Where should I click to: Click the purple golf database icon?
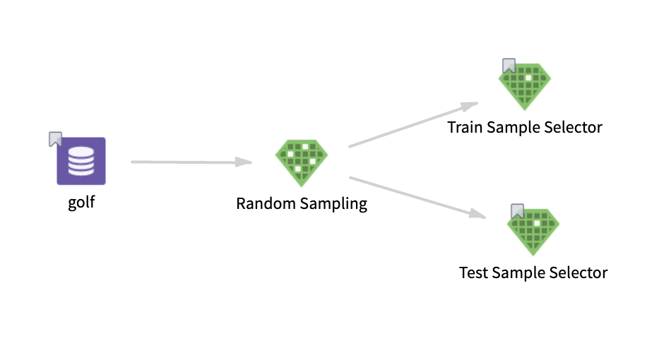pyautogui.click(x=81, y=161)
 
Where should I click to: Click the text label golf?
pyautogui.click(x=81, y=203)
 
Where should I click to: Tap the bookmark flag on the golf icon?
pyautogui.click(x=56, y=138)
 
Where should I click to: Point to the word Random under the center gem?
pyautogui.click(x=266, y=204)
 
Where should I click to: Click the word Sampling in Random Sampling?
pyautogui.click(x=333, y=205)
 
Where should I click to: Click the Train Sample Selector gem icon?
pyautogui.click(x=525, y=86)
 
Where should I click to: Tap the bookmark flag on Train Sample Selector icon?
pyautogui.click(x=509, y=66)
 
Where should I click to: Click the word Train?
pyautogui.click(x=463, y=128)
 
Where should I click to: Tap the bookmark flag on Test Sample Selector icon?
pyautogui.click(x=517, y=211)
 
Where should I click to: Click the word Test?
pyautogui.click(x=473, y=272)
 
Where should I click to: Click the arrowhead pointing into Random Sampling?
pyautogui.click(x=245, y=163)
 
